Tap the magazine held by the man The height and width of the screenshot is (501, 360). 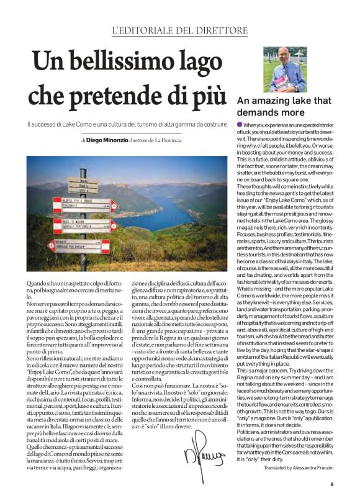[297, 78]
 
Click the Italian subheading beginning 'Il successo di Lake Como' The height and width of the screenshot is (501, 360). [127, 124]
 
